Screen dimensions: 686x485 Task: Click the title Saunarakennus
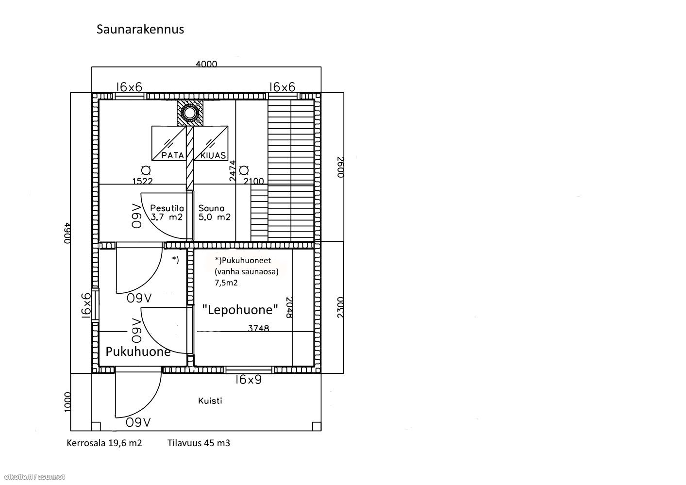point(140,30)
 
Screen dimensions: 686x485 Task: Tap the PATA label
point(172,155)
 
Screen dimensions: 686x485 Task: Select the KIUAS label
point(213,155)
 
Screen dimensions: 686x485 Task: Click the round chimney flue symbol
point(190,113)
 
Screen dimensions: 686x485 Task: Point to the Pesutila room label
point(167,208)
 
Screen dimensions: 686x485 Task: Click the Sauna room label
point(211,208)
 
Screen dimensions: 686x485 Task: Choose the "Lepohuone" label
point(240,310)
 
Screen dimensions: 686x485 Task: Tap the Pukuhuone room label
point(138,351)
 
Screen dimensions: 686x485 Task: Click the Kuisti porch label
point(210,401)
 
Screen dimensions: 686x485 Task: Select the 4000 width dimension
point(206,64)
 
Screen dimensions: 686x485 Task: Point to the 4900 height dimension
point(67,233)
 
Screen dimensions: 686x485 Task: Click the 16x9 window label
point(249,380)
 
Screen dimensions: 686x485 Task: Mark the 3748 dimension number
point(258,329)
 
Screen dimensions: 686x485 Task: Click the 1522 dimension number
point(142,181)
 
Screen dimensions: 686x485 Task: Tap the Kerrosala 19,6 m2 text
point(104,443)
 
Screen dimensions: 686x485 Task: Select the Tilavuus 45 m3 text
point(199,443)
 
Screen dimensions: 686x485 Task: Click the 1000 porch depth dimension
point(67,402)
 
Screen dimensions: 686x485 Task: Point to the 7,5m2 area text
point(226,283)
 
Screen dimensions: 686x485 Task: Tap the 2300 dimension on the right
point(340,307)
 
